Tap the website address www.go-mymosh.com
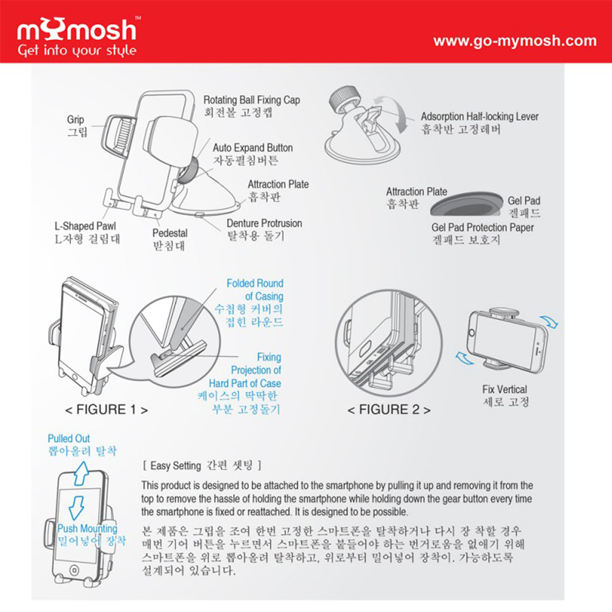click(x=515, y=41)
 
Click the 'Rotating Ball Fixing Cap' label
click(x=252, y=100)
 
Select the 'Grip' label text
click(x=75, y=120)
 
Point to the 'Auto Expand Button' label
click(x=253, y=148)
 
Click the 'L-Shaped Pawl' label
click(x=85, y=226)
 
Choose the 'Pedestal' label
click(x=170, y=233)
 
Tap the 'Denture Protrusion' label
click(x=264, y=223)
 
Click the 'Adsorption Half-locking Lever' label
click(x=480, y=116)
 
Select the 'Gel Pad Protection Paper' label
click(x=482, y=227)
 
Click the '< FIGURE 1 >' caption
click(x=107, y=410)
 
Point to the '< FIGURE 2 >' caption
click(x=389, y=410)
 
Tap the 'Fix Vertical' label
click(x=505, y=389)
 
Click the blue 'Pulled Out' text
click(x=69, y=438)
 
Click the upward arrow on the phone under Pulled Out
click(x=81, y=473)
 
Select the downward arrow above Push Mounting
click(x=76, y=508)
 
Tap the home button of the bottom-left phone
click(x=74, y=569)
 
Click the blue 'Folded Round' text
click(x=255, y=283)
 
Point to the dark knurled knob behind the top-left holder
click(x=189, y=170)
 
